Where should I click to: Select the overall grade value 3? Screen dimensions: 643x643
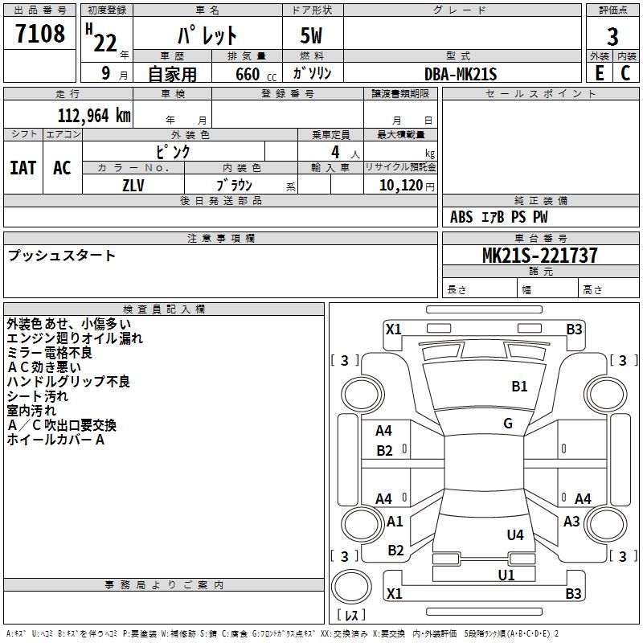click(612, 37)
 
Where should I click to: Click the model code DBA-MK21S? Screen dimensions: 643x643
click(461, 74)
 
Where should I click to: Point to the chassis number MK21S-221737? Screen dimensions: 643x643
click(539, 256)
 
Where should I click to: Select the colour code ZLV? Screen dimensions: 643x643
click(133, 185)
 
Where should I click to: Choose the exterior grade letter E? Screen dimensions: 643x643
click(600, 73)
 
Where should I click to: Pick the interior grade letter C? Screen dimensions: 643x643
click(626, 73)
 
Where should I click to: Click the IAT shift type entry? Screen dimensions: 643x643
click(23, 168)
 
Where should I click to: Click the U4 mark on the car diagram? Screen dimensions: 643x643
click(515, 534)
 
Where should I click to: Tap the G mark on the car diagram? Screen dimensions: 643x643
click(508, 424)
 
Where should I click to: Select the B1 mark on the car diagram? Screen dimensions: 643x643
click(519, 387)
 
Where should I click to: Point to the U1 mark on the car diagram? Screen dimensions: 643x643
click(506, 575)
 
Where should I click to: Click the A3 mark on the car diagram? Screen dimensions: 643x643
click(571, 522)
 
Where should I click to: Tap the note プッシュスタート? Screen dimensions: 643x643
click(62, 256)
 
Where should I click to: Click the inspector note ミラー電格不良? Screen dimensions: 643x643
click(49, 353)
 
